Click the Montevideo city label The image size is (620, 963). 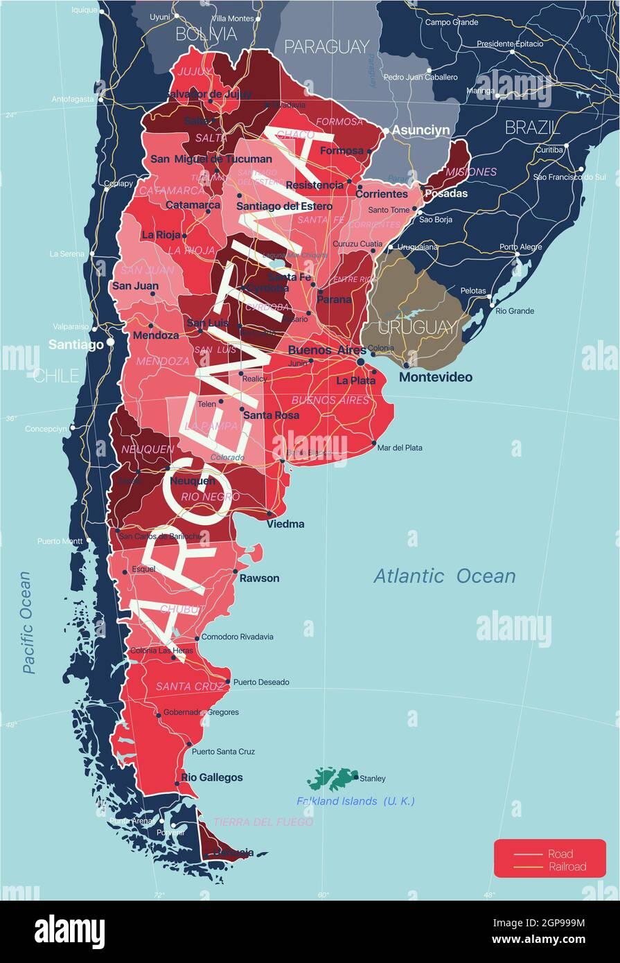pyautogui.click(x=436, y=378)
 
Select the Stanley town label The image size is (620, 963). pyautogui.click(x=373, y=779)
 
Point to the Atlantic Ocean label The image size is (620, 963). pyautogui.click(x=445, y=576)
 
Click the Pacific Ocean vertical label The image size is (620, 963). pyautogui.click(x=26, y=623)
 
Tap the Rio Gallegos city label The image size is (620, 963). pyautogui.click(x=212, y=777)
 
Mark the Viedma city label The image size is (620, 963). pyautogui.click(x=285, y=524)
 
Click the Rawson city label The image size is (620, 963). pyautogui.click(x=260, y=578)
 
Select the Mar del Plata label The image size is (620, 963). pyautogui.click(x=400, y=448)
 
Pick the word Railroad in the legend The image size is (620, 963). pyautogui.click(x=567, y=867)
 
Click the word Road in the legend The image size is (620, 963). pyautogui.click(x=560, y=854)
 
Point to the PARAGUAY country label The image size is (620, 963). pyautogui.click(x=327, y=46)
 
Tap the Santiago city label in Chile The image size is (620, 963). pyautogui.click(x=76, y=344)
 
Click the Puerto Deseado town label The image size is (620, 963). pyautogui.click(x=261, y=682)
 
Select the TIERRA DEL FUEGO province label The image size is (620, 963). pyautogui.click(x=263, y=822)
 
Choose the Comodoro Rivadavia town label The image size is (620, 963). pyautogui.click(x=238, y=637)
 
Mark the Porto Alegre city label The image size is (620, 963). pyautogui.click(x=521, y=247)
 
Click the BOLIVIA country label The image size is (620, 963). pyautogui.click(x=206, y=33)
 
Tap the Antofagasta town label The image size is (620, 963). pyautogui.click(x=72, y=99)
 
